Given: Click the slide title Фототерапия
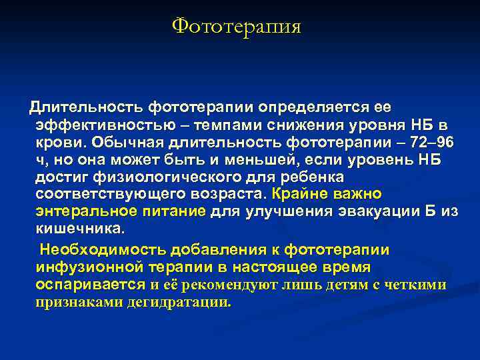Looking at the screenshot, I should pyautogui.click(x=237, y=26).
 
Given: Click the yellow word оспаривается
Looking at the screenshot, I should pyautogui.click(x=90, y=285).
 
